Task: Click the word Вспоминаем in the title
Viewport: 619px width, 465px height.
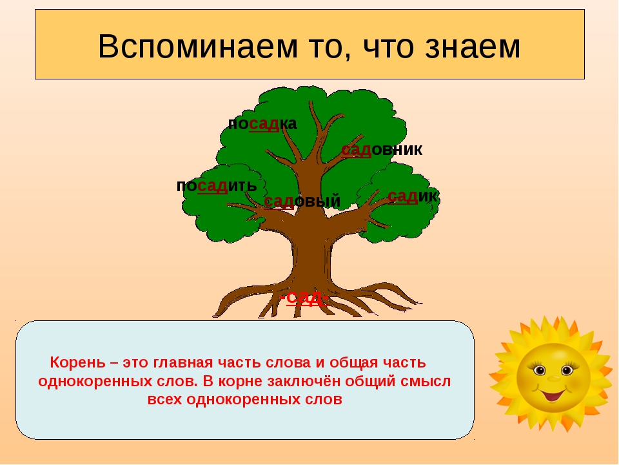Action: coord(197,46)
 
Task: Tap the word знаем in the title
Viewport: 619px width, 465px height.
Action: coord(473,47)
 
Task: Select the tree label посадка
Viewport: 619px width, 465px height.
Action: coord(262,124)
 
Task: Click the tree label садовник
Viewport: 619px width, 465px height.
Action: coord(382,150)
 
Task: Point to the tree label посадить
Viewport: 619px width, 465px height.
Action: coord(217,186)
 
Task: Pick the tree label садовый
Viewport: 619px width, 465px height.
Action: coord(302,201)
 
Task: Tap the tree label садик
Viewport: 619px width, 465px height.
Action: coord(413,196)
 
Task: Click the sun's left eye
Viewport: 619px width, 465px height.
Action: coord(539,371)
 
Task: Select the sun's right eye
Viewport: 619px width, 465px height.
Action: coord(567,370)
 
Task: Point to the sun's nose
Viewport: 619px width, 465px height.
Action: coord(553,379)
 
